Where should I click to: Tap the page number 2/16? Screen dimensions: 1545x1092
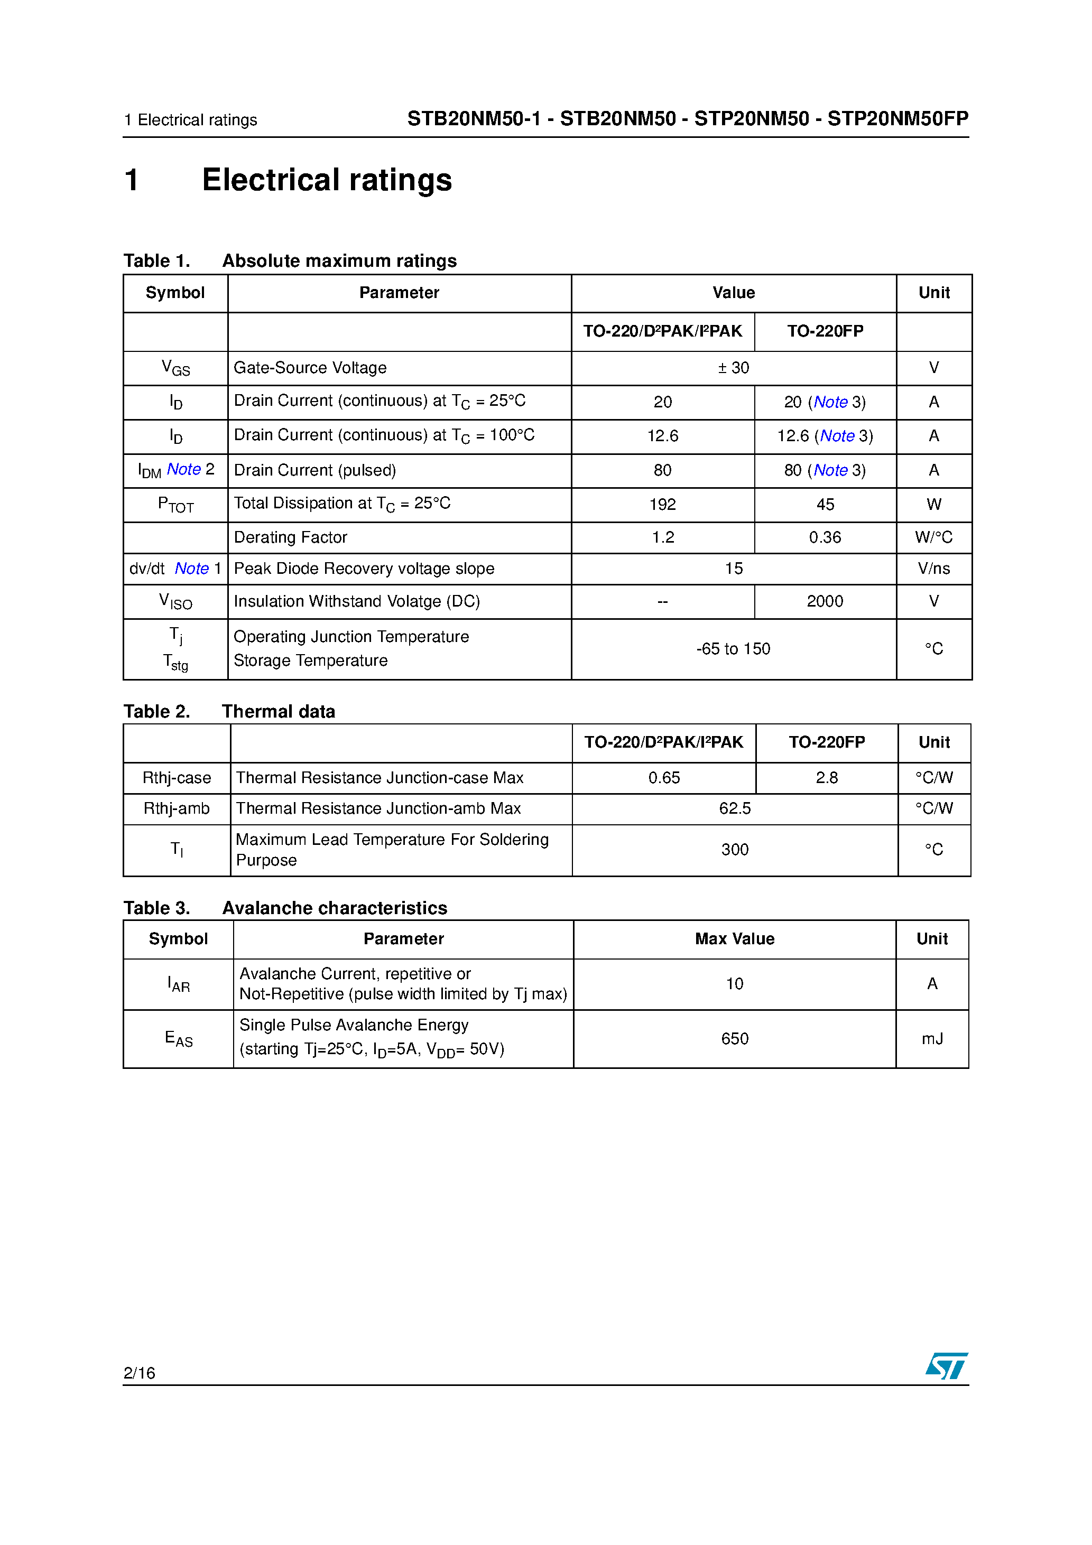click(140, 1373)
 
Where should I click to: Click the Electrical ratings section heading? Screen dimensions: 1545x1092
click(327, 180)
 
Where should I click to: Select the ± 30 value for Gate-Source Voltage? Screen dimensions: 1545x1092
click(733, 368)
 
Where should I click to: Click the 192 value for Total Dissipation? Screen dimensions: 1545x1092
click(662, 505)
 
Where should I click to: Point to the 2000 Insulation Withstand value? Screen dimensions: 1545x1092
click(825, 602)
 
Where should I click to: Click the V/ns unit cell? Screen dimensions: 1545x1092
click(933, 569)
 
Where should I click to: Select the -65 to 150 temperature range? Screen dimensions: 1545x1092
click(733, 649)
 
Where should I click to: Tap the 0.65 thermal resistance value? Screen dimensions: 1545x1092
click(664, 778)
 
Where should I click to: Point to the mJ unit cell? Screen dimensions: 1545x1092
click(932, 1039)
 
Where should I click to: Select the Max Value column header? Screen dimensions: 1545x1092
click(735, 939)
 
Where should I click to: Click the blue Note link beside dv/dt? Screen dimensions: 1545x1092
click(192, 569)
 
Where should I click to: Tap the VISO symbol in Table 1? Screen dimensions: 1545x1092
click(175, 602)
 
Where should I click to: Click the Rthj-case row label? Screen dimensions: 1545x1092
click(177, 778)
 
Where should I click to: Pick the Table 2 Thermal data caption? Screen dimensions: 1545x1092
click(229, 711)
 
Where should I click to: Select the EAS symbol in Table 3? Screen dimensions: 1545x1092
click(179, 1039)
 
